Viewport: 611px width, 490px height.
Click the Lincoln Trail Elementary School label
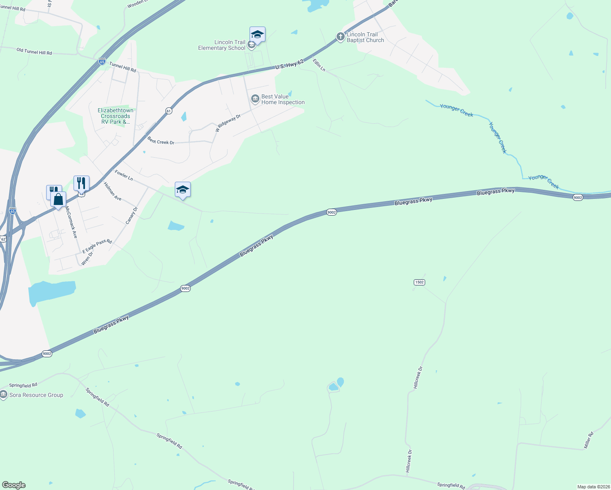coord(222,45)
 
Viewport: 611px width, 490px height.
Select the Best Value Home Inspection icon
coord(255,99)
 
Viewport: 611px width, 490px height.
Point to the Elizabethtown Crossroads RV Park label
coord(116,116)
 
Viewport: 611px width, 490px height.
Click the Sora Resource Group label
coord(36,395)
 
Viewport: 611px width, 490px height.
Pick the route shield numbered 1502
coord(419,282)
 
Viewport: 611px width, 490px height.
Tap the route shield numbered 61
coord(169,111)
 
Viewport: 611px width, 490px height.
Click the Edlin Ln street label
coord(319,65)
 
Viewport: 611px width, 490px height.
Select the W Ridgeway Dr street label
coord(228,123)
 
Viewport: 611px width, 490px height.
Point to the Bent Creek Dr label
coord(161,141)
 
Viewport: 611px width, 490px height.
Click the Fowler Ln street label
coord(124,176)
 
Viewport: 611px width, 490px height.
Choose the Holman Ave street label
coord(112,191)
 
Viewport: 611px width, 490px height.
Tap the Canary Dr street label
coord(132,216)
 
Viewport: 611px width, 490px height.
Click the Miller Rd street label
coord(588,440)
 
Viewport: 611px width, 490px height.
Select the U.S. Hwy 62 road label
coord(290,65)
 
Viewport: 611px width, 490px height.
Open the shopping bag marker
coord(58,200)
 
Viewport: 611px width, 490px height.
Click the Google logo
coord(13,485)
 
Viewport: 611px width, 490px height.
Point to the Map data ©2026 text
coord(593,487)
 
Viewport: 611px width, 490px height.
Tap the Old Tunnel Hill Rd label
coord(34,51)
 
